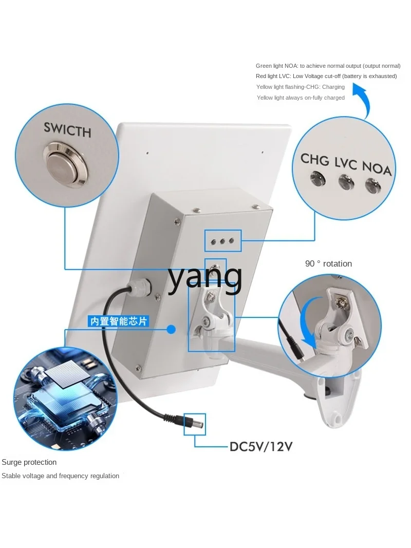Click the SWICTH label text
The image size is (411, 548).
coord(67,129)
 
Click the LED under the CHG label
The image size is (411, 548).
coord(319,179)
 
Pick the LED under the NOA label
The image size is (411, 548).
coord(373,185)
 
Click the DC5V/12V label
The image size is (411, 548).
coord(260,446)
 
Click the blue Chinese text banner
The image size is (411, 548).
coord(118,321)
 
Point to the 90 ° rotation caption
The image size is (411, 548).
coord(328,263)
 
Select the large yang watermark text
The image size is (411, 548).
coord(205,278)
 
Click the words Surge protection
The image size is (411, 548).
coord(29,462)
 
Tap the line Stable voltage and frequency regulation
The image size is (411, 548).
coord(60,476)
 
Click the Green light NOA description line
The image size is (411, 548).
coord(328,66)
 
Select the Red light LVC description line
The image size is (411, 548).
coord(326,76)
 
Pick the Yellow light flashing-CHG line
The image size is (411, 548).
coord(300,87)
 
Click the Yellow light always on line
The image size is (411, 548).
coord(301,98)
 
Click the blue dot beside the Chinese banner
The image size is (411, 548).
coord(171,329)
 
